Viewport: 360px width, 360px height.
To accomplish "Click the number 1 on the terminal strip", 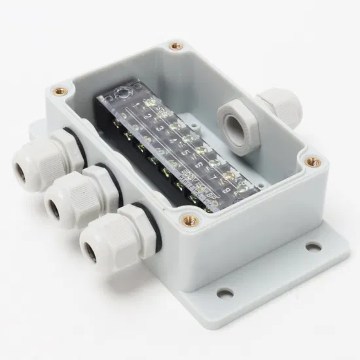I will [136, 104].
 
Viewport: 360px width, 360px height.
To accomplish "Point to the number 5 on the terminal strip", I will [186, 155].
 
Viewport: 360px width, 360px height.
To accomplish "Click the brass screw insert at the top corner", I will [175, 46].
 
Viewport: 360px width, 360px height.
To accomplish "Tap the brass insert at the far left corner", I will [62, 91].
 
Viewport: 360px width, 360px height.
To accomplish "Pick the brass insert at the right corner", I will [311, 159].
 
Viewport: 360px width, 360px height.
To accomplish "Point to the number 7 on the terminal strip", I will [213, 180].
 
